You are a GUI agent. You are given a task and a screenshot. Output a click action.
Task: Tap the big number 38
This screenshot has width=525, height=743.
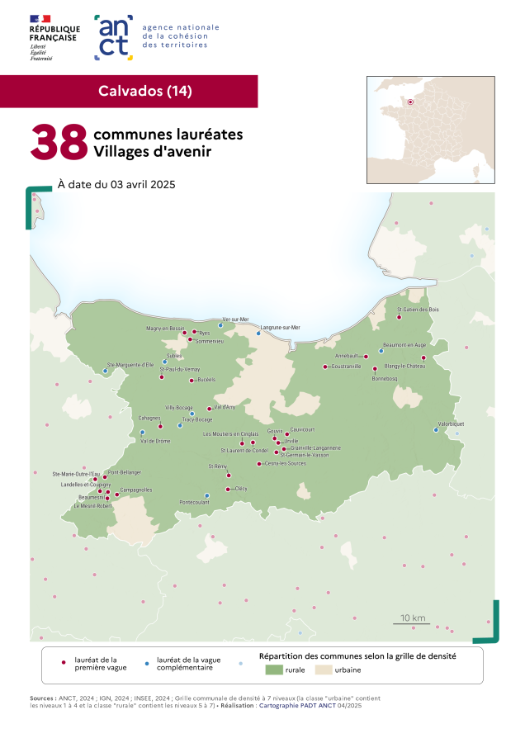(x=59, y=142)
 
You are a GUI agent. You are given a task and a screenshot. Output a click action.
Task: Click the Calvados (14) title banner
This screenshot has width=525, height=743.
(x=144, y=91)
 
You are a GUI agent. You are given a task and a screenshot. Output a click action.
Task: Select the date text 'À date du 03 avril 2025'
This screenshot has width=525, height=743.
(x=116, y=184)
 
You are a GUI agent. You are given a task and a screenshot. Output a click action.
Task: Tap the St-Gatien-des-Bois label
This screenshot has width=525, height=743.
(x=418, y=310)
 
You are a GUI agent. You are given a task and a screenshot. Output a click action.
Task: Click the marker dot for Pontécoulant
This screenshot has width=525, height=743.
(x=207, y=495)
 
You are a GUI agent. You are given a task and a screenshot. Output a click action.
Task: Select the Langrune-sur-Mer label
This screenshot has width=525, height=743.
(x=280, y=328)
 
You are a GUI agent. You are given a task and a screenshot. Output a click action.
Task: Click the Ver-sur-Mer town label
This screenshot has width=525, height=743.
(x=235, y=319)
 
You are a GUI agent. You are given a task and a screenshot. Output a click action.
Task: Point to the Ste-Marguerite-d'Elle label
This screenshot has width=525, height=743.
(x=131, y=364)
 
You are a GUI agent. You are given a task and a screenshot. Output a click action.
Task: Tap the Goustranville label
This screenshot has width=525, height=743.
(x=346, y=366)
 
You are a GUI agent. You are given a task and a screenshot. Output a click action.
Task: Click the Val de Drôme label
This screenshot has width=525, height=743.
(x=155, y=441)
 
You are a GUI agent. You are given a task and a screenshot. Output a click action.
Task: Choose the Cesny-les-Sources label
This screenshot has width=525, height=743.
(x=285, y=463)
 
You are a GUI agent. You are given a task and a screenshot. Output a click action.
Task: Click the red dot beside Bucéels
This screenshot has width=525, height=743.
(x=191, y=381)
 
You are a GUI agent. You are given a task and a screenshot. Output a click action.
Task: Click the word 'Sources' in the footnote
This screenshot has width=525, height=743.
(x=43, y=698)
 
